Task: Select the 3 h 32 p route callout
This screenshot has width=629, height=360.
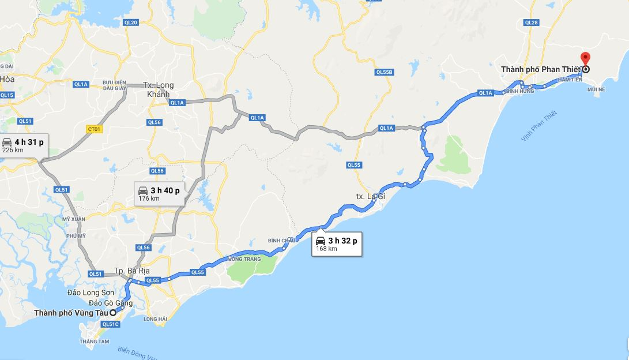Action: (x=337, y=245)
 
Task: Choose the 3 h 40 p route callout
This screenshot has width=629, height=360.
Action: (x=159, y=194)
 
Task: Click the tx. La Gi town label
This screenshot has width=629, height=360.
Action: (x=370, y=197)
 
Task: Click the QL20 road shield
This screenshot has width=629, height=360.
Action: (x=131, y=22)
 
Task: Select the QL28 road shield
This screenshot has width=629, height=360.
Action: (x=531, y=22)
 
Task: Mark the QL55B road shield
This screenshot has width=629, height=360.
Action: (x=384, y=72)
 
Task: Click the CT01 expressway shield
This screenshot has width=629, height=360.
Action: (x=94, y=129)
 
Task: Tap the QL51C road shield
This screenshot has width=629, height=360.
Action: (x=110, y=325)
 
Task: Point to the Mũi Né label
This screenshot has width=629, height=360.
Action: (x=595, y=90)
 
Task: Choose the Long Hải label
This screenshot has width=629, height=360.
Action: (x=155, y=319)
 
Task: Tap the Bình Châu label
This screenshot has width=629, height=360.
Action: (x=281, y=240)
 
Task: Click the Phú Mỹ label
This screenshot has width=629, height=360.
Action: (x=76, y=236)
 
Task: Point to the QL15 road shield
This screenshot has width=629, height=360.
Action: (x=7, y=95)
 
